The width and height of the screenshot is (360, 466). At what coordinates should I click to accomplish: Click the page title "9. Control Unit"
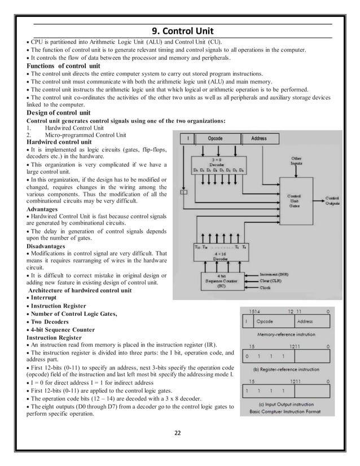click(179, 31)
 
